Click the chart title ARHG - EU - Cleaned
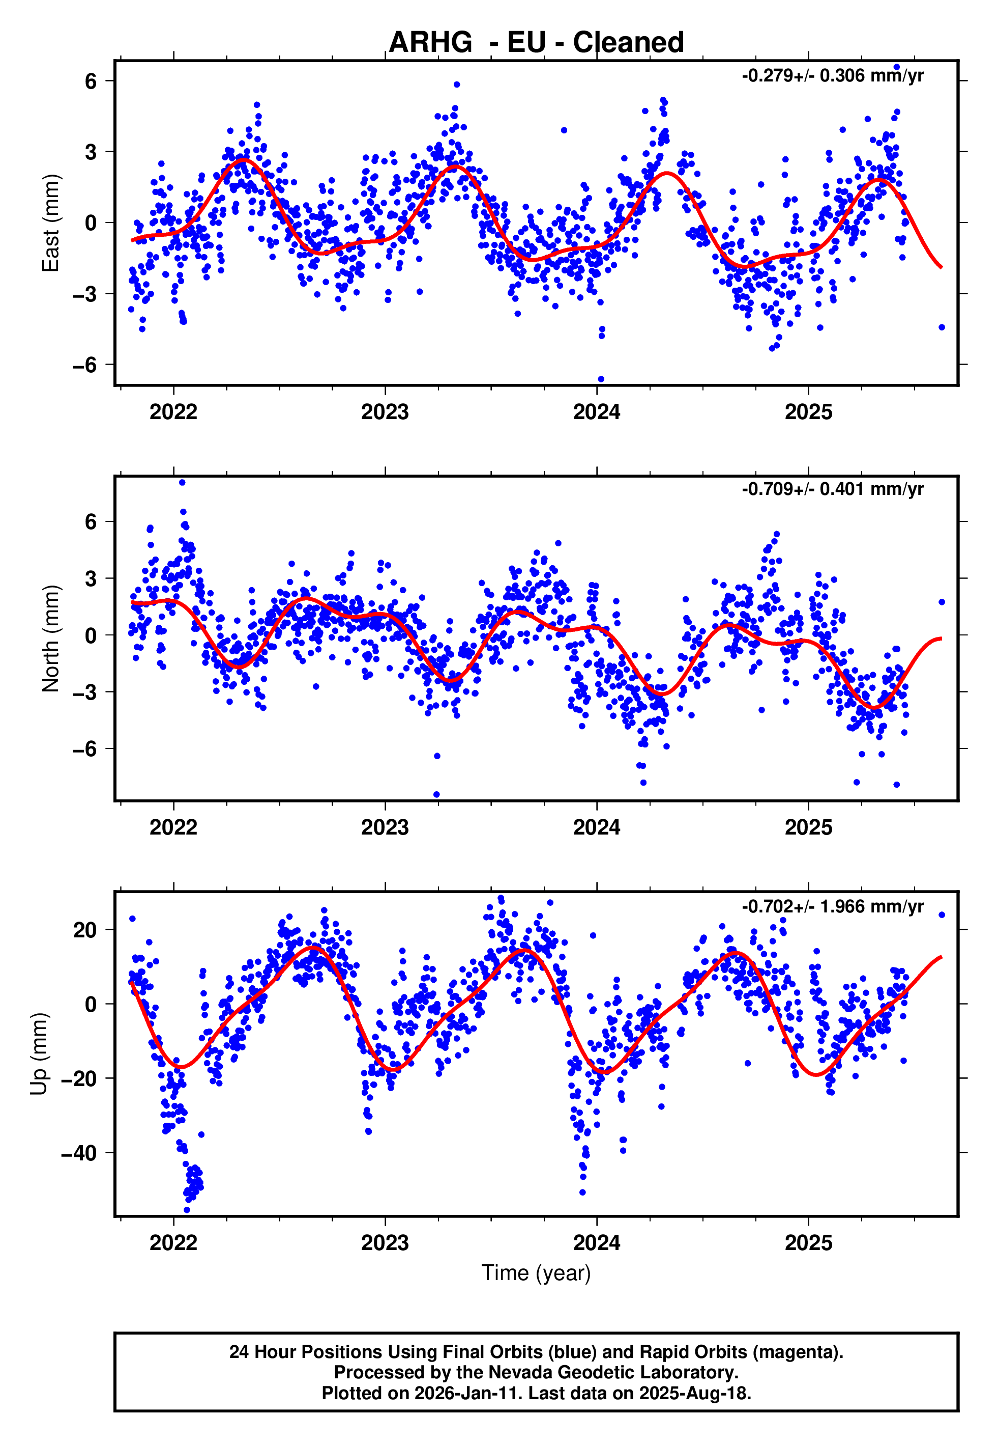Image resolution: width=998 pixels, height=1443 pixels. [536, 43]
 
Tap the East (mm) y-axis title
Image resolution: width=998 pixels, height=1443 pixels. [50, 223]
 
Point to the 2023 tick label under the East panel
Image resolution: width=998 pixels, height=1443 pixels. [385, 412]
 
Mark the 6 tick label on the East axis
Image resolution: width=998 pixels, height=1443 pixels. [91, 81]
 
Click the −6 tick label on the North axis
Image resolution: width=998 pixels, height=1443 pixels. [85, 749]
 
